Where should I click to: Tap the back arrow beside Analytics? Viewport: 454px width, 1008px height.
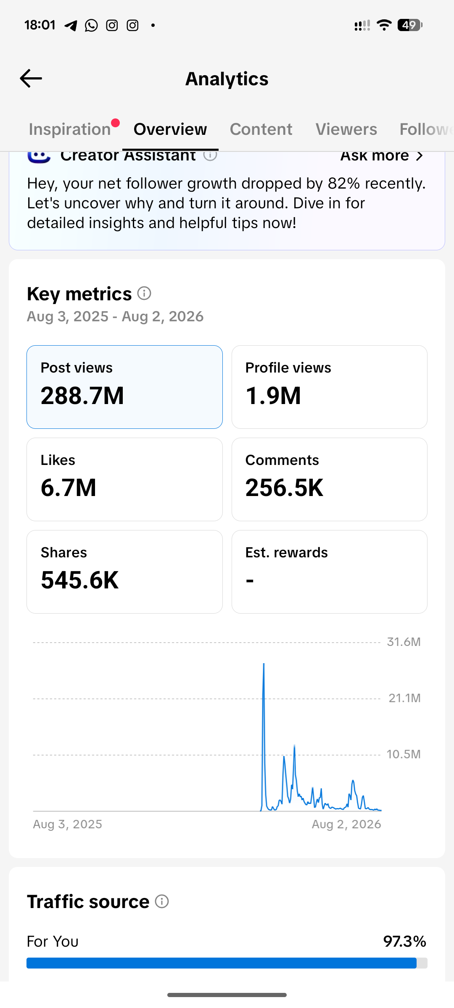coord(31,79)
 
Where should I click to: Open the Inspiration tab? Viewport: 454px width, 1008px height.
coord(70,129)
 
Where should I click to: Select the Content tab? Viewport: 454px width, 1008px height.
coord(261,129)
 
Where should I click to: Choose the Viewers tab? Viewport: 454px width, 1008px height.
coord(346,129)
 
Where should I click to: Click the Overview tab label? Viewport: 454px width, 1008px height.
coord(170,129)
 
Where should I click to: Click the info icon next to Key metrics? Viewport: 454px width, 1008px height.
coord(144,293)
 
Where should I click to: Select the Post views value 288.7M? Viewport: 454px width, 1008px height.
coord(82,396)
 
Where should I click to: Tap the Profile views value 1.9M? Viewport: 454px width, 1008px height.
coord(273,396)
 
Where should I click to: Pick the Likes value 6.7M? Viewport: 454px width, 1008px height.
coord(69,488)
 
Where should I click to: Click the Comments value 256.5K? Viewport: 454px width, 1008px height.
coord(285,488)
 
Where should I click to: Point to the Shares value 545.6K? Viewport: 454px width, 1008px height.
coord(80,580)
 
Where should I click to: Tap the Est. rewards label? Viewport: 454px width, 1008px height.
coord(287,552)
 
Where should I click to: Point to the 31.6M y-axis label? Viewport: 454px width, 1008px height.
coord(404,642)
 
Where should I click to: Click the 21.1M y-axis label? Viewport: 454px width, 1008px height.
coord(405,698)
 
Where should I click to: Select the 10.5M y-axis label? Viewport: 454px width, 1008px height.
coord(404,754)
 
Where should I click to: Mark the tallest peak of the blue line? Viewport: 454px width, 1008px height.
coord(264,664)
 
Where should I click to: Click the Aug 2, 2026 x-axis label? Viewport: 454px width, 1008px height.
coord(346,824)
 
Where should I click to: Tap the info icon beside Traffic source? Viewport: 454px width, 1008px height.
coord(162,901)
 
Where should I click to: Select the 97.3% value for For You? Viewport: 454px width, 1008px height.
coord(405,941)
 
